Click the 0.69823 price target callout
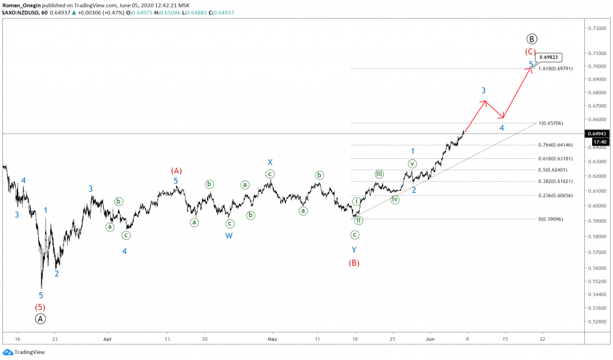pyautogui.click(x=549, y=58)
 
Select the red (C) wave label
pyautogui.click(x=530, y=52)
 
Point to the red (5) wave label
pyautogui.click(x=40, y=307)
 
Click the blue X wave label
pyautogui.click(x=271, y=162)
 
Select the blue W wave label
pyautogui.click(x=229, y=235)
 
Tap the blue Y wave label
pyautogui.click(x=354, y=249)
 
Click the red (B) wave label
pyautogui.click(x=354, y=262)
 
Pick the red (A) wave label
pyautogui.click(x=176, y=170)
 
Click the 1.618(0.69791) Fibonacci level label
pyautogui.click(x=556, y=69)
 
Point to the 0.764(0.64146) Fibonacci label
pyautogui.click(x=556, y=145)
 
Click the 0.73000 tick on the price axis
pyautogui.click(x=595, y=28)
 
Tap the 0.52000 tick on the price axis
pyautogui.click(x=595, y=322)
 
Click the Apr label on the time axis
pyautogui.click(x=108, y=338)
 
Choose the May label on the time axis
pyautogui.click(x=272, y=338)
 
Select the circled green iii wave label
pyautogui.click(x=379, y=174)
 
